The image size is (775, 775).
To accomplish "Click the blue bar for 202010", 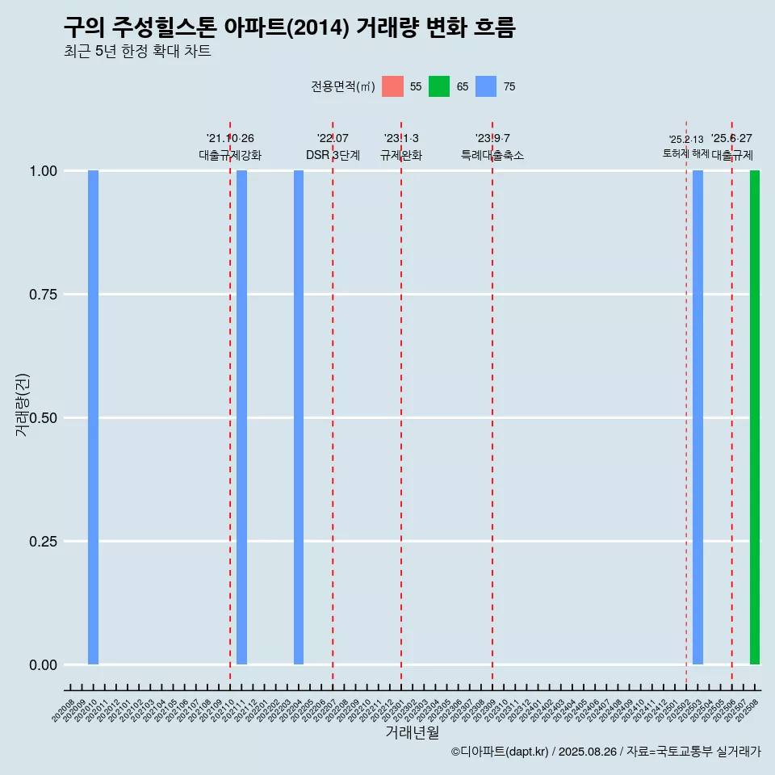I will click(x=93, y=417).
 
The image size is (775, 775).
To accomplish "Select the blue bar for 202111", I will click(x=241, y=417).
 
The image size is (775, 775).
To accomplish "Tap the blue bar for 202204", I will click(x=299, y=417).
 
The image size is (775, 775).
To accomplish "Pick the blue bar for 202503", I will click(x=697, y=417).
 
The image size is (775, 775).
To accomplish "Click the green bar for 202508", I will click(x=755, y=417).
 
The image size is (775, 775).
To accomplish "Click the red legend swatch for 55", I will click(x=392, y=86).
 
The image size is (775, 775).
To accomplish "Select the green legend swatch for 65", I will click(x=439, y=86).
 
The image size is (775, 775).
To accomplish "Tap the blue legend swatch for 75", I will click(x=486, y=86).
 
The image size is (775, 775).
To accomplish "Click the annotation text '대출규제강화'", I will click(x=230, y=155).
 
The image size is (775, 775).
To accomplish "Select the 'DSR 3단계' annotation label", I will click(x=333, y=155).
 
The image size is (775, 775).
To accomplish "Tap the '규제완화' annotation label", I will click(x=401, y=155).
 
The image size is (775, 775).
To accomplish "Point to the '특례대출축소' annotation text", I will click(x=492, y=155).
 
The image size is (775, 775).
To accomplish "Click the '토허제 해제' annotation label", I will click(x=685, y=153).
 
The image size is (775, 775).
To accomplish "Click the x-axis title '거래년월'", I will click(x=412, y=733).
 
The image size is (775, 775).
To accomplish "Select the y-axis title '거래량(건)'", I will click(x=23, y=404).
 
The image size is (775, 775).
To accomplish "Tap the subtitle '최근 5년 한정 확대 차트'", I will click(x=137, y=52).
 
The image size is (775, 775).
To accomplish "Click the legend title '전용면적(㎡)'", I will click(x=342, y=86).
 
